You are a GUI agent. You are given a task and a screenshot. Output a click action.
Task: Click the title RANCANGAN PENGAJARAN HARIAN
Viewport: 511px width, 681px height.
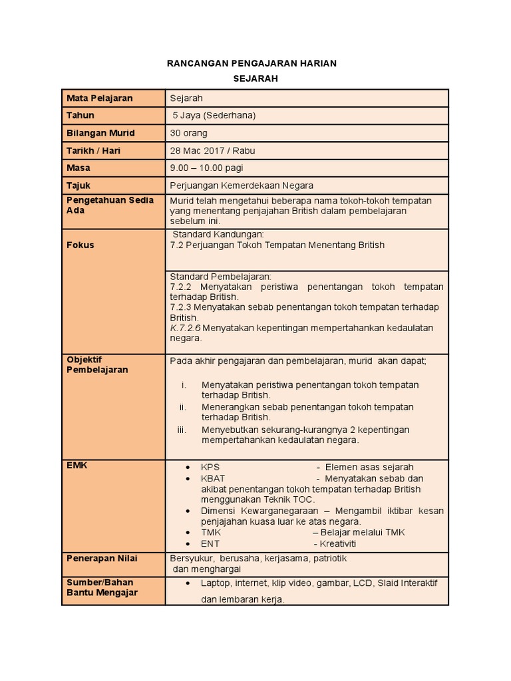(251, 63)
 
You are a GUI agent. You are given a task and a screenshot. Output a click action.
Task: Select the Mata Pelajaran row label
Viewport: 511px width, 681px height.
(99, 98)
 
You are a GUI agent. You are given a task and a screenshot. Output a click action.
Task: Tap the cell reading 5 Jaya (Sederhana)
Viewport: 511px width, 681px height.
(214, 116)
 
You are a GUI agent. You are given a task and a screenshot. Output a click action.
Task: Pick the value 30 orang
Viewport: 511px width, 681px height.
(188, 133)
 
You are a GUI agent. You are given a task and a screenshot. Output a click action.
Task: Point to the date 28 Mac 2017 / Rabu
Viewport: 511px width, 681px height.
(212, 151)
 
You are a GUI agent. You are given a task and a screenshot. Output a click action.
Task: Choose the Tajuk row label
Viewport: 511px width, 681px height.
(78, 186)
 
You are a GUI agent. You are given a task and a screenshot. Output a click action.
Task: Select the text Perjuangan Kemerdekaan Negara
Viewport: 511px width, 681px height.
(241, 186)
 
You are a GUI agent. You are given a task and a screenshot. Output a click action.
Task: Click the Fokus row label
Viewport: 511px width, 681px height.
(80, 245)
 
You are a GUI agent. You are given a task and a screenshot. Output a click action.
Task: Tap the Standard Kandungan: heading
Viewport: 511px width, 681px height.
(218, 235)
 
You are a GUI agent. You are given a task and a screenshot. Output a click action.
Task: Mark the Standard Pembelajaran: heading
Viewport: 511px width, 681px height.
(221, 277)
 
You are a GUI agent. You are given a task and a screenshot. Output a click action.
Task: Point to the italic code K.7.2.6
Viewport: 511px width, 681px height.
(185, 328)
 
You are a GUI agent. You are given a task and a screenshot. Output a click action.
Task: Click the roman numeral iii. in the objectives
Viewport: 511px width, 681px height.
(182, 430)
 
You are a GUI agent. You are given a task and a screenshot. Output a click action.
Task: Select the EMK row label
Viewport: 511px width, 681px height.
(77, 466)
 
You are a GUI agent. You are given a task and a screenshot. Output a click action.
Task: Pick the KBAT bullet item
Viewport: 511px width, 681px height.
(212, 479)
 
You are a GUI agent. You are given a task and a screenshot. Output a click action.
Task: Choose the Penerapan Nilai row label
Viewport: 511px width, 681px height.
(102, 558)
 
